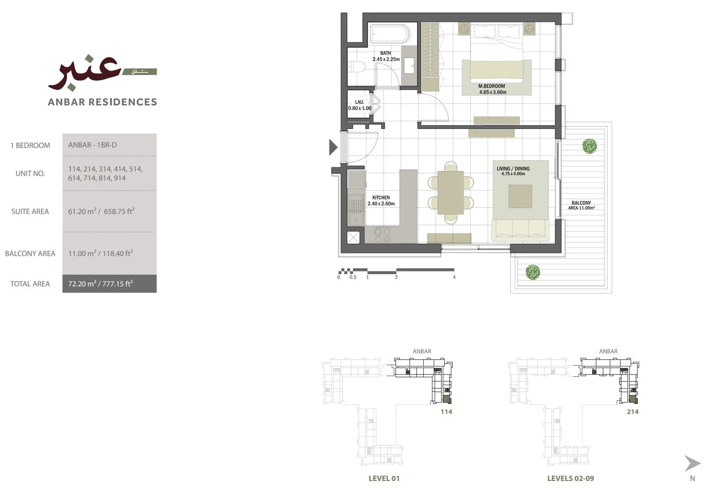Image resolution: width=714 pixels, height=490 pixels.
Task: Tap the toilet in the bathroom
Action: (356, 67)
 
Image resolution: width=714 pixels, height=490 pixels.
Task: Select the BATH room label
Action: (385, 53)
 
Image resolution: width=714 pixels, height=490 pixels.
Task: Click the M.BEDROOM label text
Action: (492, 86)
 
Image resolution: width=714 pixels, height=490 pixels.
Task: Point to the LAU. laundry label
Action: (359, 102)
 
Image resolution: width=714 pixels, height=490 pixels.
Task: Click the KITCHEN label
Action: (381, 198)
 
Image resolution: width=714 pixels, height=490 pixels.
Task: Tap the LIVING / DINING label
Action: (513, 169)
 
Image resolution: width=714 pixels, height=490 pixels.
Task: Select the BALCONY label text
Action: (581, 203)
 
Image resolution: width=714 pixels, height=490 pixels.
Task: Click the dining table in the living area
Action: (450, 193)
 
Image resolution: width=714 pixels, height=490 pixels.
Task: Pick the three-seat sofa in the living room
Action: (520, 230)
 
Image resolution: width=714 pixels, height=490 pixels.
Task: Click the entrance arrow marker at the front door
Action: (333, 147)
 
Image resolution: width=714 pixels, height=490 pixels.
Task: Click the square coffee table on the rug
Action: (520, 196)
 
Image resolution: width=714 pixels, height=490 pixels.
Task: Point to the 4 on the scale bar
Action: (454, 277)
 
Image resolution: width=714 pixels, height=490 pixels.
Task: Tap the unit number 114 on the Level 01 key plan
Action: (446, 412)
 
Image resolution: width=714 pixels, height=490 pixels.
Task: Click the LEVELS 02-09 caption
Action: (570, 478)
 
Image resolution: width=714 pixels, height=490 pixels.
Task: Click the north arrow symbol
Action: (692, 463)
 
